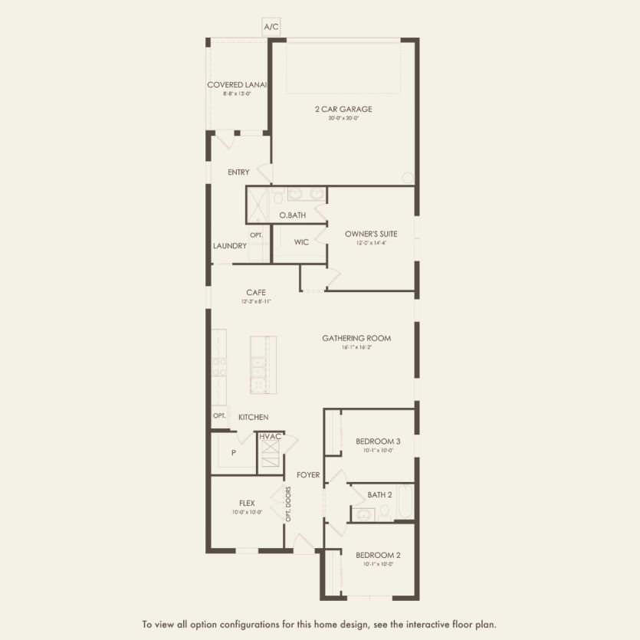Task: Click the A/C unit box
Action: pos(271,27)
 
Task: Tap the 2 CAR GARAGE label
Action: pos(343,109)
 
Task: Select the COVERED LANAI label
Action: pos(236,84)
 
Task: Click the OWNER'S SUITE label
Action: pos(369,233)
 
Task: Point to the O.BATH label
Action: pos(292,215)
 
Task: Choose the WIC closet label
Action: pos(301,241)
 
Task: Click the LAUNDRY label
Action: pos(230,246)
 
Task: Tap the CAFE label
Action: pos(256,292)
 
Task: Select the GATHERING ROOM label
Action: pos(356,338)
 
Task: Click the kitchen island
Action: pos(263,365)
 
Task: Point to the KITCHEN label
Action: pos(253,417)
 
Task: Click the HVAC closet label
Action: pos(270,436)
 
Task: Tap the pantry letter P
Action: pos(233,452)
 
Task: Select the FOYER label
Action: pos(308,474)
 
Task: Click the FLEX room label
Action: pos(247,503)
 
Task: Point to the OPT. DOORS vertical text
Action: pos(289,504)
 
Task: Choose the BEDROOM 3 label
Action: pos(378,441)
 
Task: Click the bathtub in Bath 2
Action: pos(404,502)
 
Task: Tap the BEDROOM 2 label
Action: pos(378,555)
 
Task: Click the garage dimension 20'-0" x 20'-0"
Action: pos(343,118)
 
